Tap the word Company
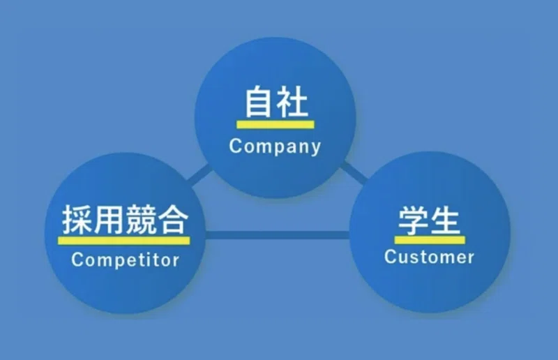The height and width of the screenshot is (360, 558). [276, 147]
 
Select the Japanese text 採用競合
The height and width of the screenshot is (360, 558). [125, 219]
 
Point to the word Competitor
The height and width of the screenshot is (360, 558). [126, 260]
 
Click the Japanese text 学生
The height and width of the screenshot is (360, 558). [429, 221]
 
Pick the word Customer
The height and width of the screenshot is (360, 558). [429, 257]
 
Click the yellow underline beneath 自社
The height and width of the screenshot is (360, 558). [276, 124]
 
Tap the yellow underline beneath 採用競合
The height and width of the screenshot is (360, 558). [125, 240]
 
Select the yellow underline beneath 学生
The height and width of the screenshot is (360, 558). [429, 239]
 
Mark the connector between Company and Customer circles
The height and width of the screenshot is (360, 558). [353, 172]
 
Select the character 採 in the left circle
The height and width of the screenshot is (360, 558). [77, 219]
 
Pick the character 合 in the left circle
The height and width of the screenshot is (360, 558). [172, 219]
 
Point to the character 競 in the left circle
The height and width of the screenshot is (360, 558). [140, 219]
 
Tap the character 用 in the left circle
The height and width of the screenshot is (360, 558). [108, 219]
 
